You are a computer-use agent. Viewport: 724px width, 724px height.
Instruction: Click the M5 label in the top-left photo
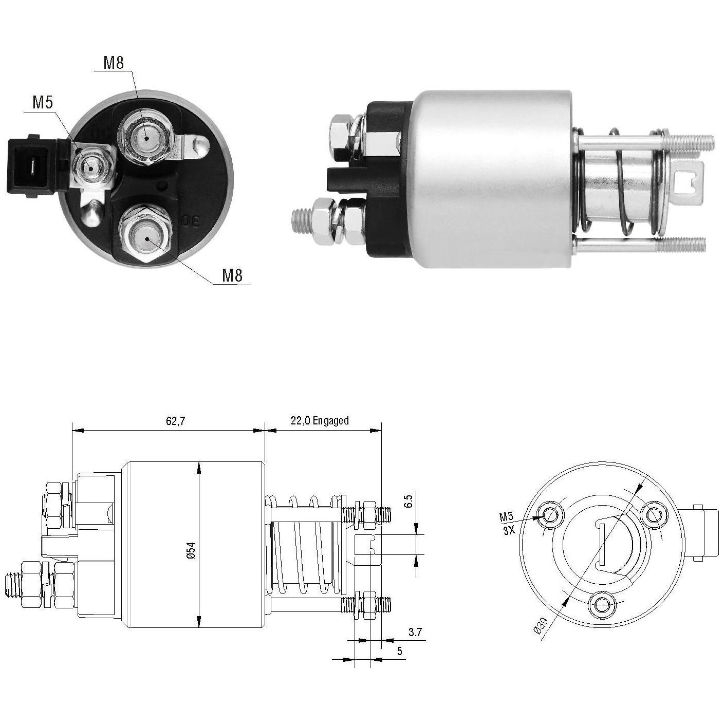pos(43,102)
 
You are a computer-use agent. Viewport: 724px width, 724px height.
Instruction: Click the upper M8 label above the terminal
pos(114,62)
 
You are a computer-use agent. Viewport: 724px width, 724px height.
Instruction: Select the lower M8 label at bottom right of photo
pos(232,275)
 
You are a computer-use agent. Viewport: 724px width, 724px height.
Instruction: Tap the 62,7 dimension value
pos(175,421)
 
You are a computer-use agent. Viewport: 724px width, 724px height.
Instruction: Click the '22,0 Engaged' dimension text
pos(320,421)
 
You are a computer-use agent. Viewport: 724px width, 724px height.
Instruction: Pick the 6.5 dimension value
pos(409,501)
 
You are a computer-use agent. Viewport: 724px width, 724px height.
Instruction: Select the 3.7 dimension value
pos(415,633)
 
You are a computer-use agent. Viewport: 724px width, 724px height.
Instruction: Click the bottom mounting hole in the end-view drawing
pos(603,605)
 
